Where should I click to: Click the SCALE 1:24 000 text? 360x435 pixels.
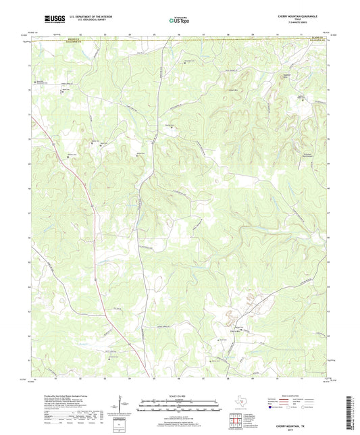coord(179,395)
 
